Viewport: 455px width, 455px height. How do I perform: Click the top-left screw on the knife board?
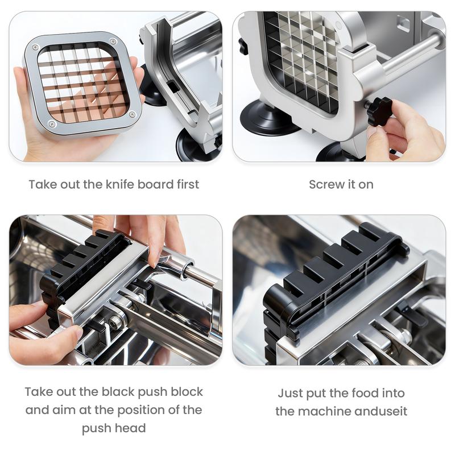coord(36,48)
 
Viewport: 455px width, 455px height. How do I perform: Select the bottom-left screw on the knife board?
coord(52,124)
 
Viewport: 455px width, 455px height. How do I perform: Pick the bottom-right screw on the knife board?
coord(133,114)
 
